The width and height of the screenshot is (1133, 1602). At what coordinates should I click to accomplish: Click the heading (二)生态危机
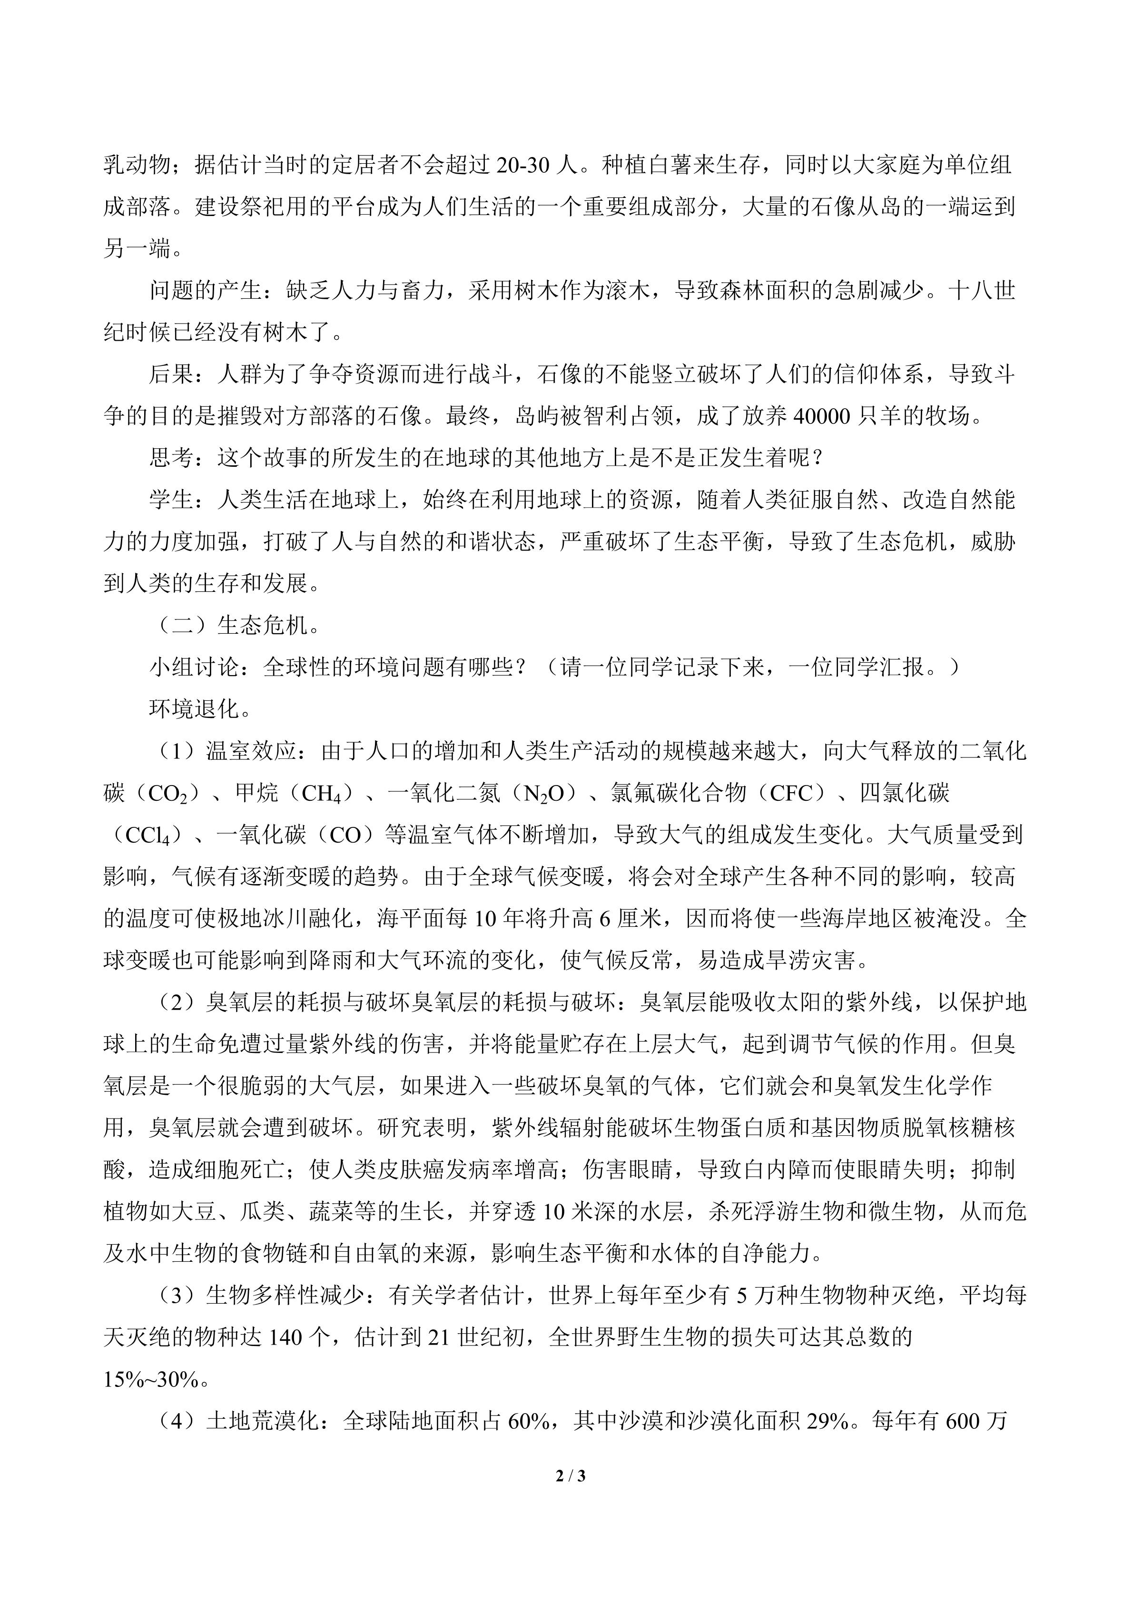point(235,626)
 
